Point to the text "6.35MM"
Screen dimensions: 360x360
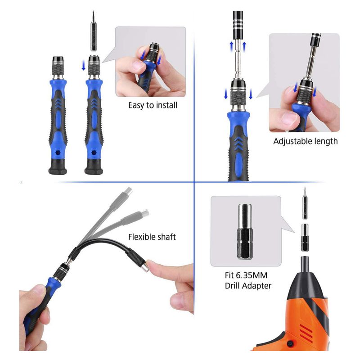click(x=252, y=275)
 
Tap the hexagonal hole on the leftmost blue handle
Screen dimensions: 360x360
click(x=58, y=153)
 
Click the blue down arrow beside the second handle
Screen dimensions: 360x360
click(x=84, y=66)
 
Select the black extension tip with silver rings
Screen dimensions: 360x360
click(x=238, y=22)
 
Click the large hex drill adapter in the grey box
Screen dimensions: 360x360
click(x=245, y=232)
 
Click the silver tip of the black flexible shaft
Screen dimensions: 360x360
click(x=145, y=267)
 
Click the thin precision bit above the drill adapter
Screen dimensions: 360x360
click(x=305, y=203)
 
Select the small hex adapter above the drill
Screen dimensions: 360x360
click(x=305, y=238)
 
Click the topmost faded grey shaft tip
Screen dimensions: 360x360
click(x=128, y=192)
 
